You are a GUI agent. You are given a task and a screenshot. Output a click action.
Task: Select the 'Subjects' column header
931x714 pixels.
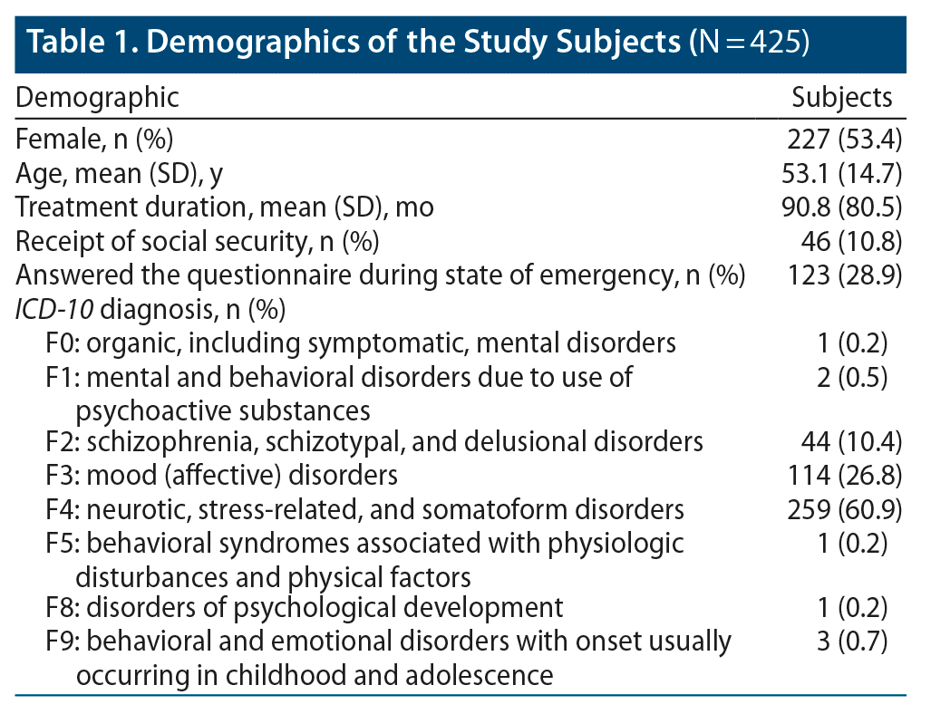[x=841, y=97]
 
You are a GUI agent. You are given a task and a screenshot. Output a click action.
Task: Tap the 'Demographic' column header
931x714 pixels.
[x=98, y=97]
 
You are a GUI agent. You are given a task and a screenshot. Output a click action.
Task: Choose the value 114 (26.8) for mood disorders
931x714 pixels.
[x=844, y=475]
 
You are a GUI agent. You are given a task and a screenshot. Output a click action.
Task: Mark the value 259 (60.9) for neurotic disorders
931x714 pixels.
[x=844, y=508]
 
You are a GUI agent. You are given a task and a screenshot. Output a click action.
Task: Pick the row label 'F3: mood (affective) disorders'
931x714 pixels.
[x=222, y=475]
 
